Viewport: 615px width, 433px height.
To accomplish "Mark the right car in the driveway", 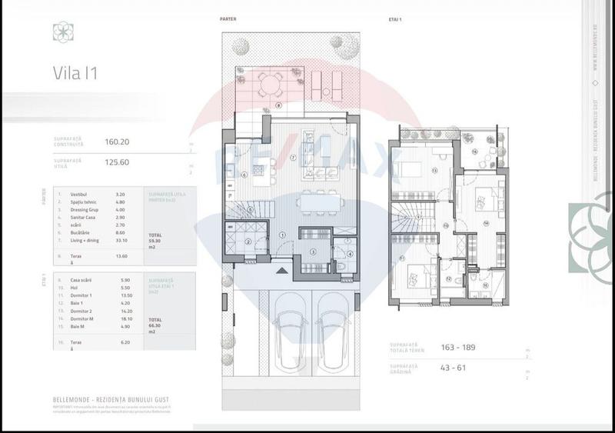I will click(333, 331).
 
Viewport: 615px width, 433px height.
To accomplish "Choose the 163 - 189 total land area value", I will click(457, 348).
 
